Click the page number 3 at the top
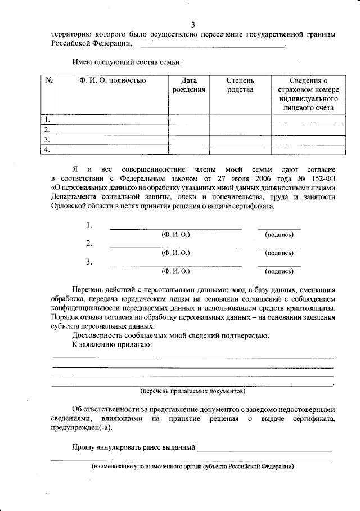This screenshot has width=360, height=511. pyautogui.click(x=192, y=24)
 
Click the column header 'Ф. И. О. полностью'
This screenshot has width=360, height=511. pyautogui.click(x=112, y=80)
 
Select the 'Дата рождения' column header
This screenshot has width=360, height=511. pyautogui.click(x=189, y=85)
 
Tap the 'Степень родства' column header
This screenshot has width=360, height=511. pyautogui.click(x=240, y=85)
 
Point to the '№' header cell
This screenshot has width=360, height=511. pyautogui.click(x=49, y=80)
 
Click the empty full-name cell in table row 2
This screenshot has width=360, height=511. pyautogui.click(x=112, y=129)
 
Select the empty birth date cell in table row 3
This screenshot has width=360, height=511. pyautogui.click(x=189, y=139)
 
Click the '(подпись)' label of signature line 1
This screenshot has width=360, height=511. pyautogui.click(x=279, y=234)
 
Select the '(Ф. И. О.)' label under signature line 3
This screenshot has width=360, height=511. pyautogui.click(x=175, y=271)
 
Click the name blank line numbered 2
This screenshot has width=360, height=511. pyautogui.click(x=175, y=247)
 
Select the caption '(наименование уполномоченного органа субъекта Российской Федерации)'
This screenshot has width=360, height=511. pyautogui.click(x=192, y=467)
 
